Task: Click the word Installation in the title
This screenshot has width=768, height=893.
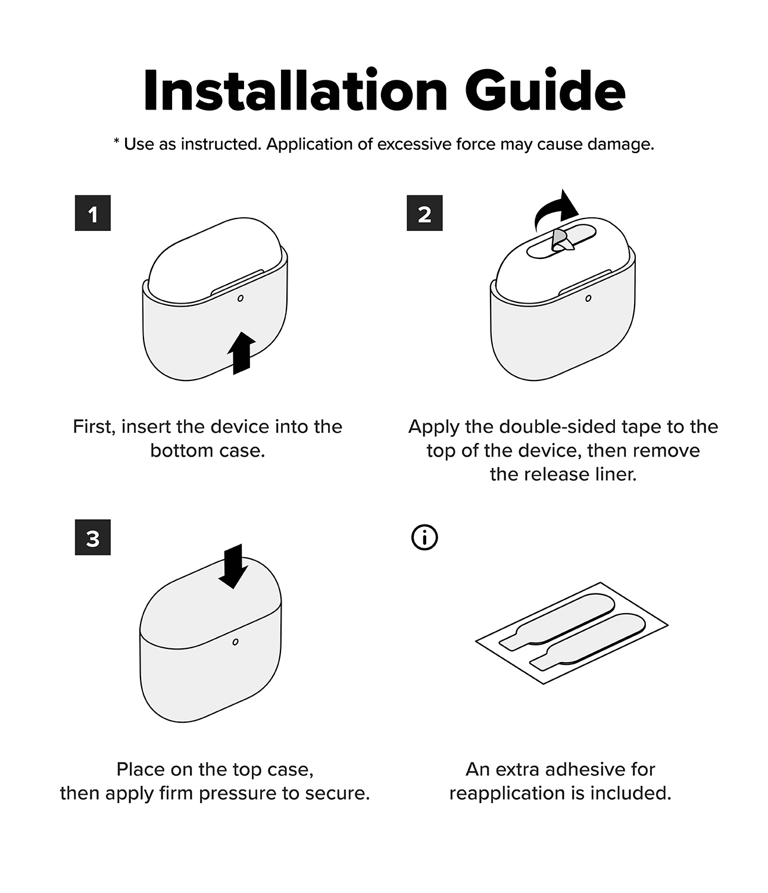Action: point(295,90)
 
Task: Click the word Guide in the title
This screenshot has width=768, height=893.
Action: point(545,90)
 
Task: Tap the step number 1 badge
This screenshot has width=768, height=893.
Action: point(93,213)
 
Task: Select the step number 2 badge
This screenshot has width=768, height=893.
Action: point(424,213)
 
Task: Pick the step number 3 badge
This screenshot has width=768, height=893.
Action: point(93,537)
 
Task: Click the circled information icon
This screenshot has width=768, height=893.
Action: point(424,538)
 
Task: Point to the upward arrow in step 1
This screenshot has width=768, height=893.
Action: point(242,354)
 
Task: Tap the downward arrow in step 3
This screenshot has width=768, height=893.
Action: point(233,566)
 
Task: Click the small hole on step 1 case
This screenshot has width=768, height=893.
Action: point(241,298)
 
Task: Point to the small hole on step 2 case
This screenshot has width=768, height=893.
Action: point(588,298)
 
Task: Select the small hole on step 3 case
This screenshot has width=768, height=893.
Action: point(235,642)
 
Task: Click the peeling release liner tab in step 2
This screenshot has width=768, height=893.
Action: point(562,240)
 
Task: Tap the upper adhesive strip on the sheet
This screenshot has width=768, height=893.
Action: point(557,622)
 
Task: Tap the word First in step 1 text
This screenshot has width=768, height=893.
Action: point(93,427)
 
